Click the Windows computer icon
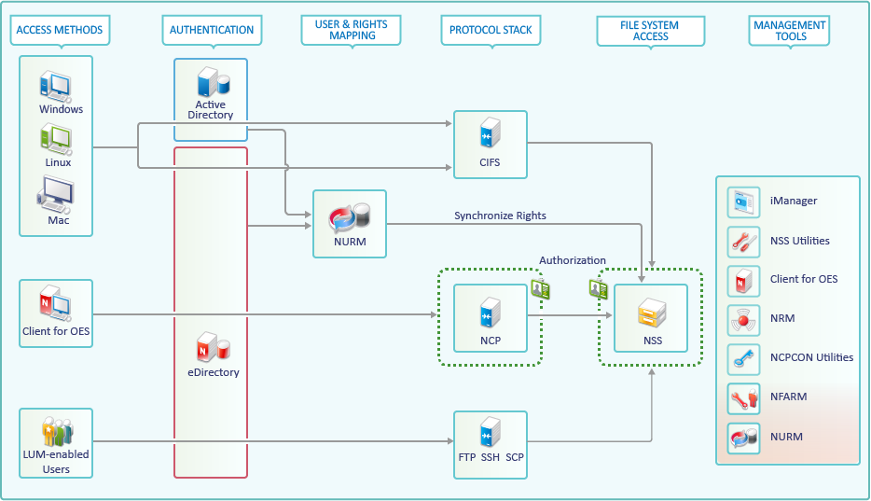click(x=55, y=86)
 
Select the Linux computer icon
click(x=55, y=139)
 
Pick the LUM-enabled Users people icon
click(x=56, y=432)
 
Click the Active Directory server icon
click(x=210, y=82)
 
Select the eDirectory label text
click(x=213, y=372)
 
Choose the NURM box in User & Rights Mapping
click(x=349, y=224)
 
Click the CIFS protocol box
click(x=490, y=146)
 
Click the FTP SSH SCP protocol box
click(x=490, y=445)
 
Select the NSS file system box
click(x=652, y=318)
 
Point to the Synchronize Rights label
click(x=500, y=216)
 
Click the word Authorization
click(x=572, y=260)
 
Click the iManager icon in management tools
click(x=743, y=202)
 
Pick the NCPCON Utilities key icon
click(x=743, y=357)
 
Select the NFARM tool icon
click(x=743, y=397)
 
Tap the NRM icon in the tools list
click(x=743, y=319)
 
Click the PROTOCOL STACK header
click(x=491, y=30)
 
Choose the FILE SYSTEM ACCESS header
click(x=650, y=31)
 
